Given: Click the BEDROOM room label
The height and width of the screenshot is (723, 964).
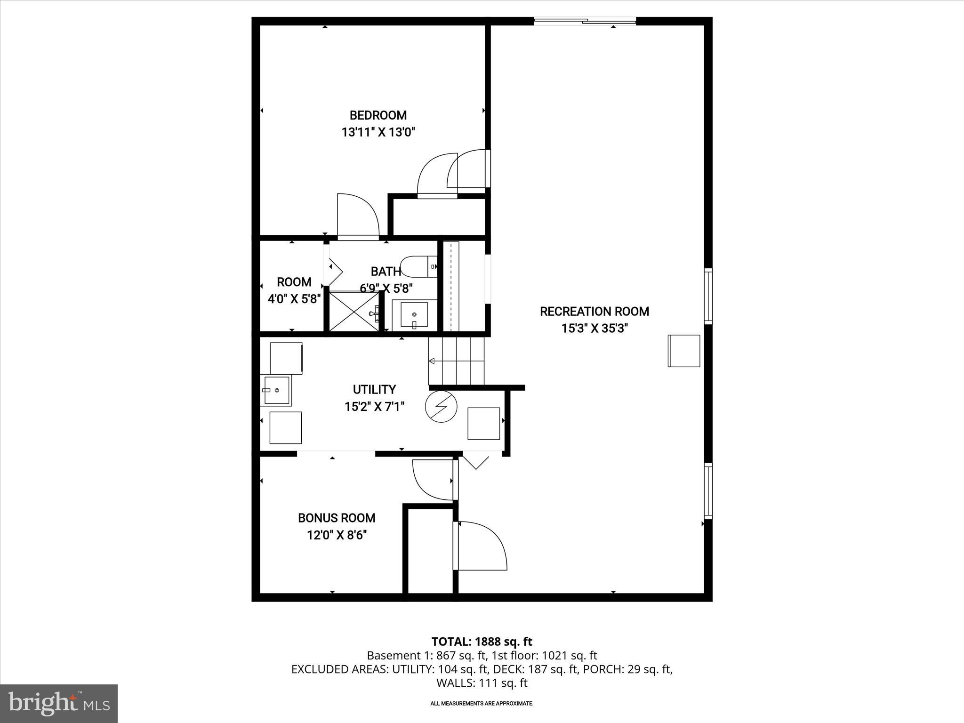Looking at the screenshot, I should click(378, 115).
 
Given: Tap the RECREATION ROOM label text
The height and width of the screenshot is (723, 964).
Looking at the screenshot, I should click(594, 312).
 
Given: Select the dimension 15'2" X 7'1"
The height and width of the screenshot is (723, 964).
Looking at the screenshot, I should click(374, 407).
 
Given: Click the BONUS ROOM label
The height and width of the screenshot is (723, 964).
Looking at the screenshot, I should click(337, 518).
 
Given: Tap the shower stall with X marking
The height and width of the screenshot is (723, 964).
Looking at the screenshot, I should click(353, 311).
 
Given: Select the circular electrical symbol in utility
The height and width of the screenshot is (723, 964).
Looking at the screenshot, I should click(441, 406).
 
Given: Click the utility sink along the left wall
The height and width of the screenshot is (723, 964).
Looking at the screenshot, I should click(276, 390).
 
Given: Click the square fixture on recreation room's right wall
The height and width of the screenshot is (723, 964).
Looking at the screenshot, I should click(684, 351).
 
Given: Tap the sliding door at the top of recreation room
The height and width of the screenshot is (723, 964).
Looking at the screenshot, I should click(585, 21).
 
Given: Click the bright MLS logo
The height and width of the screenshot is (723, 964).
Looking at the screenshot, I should click(59, 703).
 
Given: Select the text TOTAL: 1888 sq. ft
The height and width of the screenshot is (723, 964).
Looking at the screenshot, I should click(482, 642).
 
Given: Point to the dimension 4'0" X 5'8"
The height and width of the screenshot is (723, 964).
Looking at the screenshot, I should click(294, 299).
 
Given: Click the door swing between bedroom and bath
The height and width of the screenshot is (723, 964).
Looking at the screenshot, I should click(357, 216).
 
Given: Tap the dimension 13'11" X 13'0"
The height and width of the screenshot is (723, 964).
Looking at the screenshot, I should click(378, 132).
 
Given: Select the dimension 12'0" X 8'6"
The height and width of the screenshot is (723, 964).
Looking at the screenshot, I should click(337, 535).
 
